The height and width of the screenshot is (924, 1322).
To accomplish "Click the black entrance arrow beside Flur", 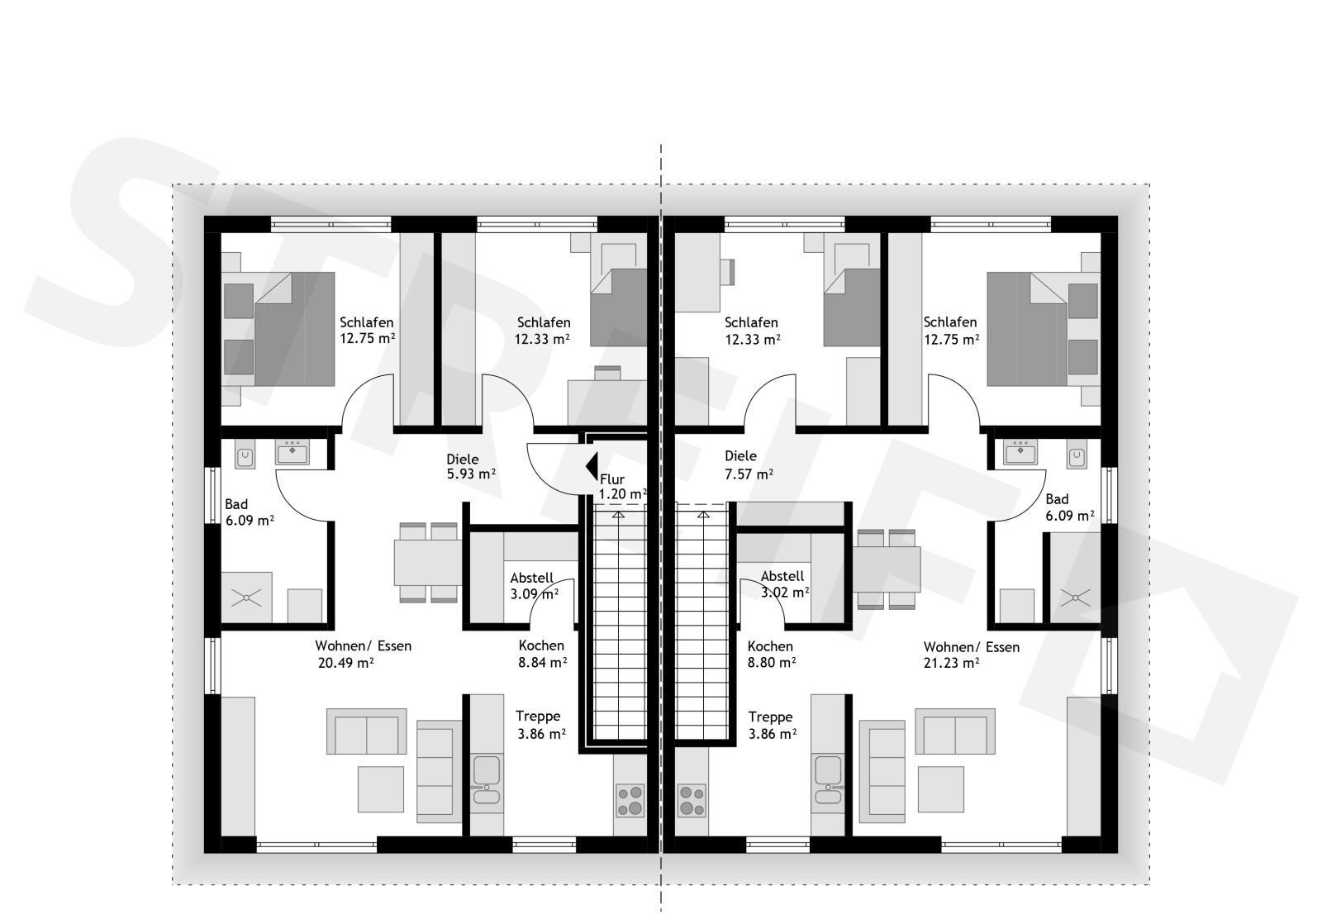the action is click(592, 466).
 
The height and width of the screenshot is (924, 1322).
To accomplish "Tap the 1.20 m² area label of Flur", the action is click(623, 494).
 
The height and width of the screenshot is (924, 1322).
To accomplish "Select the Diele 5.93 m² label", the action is click(471, 466).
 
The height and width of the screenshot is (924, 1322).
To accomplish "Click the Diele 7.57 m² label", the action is click(749, 464).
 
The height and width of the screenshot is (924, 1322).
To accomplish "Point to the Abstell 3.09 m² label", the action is click(534, 585).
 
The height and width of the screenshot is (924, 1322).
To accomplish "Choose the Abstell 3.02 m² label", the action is click(784, 584).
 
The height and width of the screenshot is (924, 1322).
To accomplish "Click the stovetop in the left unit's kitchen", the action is click(630, 800).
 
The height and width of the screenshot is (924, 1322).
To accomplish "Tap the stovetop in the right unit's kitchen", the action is click(692, 800).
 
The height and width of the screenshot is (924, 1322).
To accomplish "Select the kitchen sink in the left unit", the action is click(487, 779).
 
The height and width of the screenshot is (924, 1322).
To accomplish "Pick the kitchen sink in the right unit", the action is click(827, 779).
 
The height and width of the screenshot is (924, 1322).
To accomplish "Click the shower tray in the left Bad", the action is click(247, 598).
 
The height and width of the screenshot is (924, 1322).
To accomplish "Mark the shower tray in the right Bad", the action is click(1075, 598).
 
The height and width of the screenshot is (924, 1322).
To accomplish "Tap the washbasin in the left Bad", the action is click(292, 452).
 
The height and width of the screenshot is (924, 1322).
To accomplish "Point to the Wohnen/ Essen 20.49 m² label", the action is click(363, 655).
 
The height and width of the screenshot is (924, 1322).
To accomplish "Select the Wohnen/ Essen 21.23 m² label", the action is click(972, 655).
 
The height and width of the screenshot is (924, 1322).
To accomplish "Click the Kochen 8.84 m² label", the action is click(542, 655).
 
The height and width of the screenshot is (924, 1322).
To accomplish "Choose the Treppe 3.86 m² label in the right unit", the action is click(772, 726).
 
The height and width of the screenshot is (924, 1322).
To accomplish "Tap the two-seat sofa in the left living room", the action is click(367, 731).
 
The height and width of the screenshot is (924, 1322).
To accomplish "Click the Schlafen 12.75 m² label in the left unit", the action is click(367, 330).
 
